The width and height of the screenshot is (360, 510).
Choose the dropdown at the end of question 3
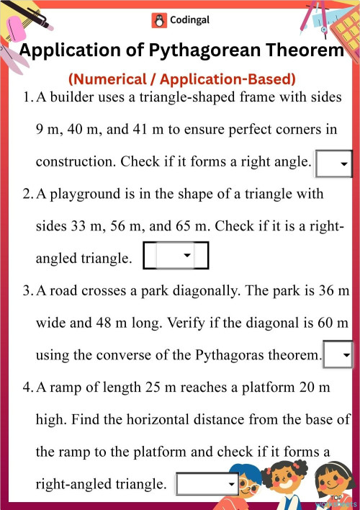tap(338, 355)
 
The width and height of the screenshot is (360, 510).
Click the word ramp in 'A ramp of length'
tap(65, 388)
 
